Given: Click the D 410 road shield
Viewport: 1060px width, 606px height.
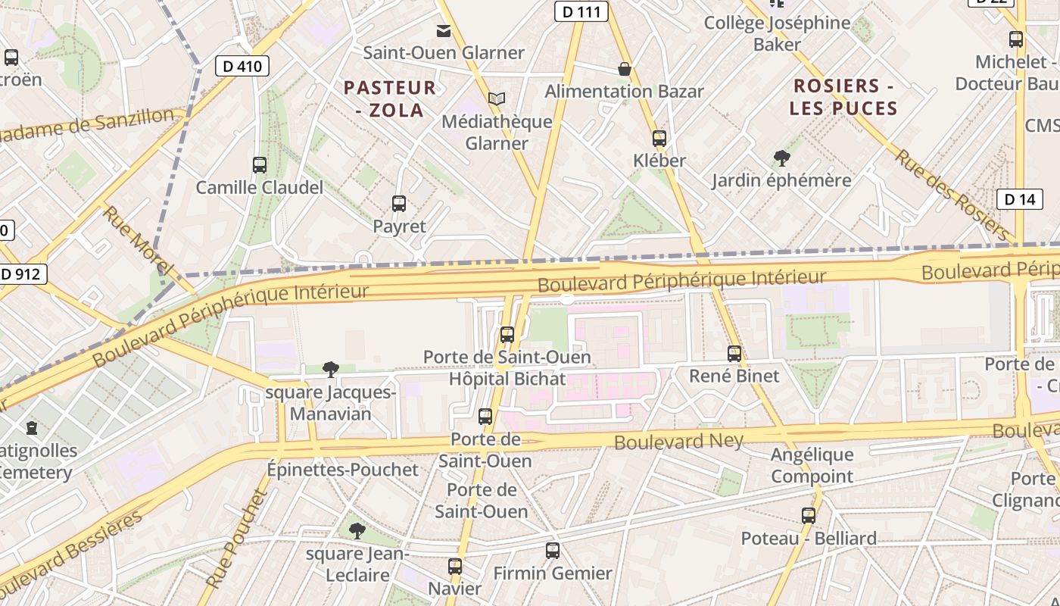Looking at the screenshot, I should click(x=242, y=66).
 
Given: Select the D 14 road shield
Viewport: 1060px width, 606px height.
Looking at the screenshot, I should click(x=1019, y=199).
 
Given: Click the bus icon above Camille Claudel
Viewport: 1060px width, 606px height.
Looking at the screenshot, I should click(x=260, y=164).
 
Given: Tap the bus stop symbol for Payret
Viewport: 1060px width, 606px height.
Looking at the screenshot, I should click(x=399, y=203).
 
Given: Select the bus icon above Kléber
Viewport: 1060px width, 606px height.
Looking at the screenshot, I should click(x=659, y=138).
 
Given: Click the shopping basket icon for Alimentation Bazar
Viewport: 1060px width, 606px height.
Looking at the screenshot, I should click(x=625, y=69).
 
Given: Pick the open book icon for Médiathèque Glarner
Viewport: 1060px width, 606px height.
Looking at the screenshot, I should click(x=496, y=98).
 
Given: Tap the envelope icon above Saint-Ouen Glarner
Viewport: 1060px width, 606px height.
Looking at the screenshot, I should click(x=443, y=30).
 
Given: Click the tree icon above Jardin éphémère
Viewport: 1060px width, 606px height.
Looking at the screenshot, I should click(x=781, y=158).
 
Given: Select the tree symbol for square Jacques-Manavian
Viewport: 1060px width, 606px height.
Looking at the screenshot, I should click(x=330, y=370).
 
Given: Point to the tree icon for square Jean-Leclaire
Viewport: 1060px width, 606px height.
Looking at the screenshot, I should click(x=357, y=531).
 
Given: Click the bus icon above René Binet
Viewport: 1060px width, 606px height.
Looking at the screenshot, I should click(x=734, y=353).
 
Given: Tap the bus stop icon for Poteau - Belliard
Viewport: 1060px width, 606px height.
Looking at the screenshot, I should click(x=809, y=516).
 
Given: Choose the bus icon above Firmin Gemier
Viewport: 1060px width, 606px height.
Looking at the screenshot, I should click(x=553, y=551).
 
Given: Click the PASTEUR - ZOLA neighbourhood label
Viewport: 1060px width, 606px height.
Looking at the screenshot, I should click(x=390, y=98).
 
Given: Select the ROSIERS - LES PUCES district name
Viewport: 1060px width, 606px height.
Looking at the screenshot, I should click(x=843, y=96).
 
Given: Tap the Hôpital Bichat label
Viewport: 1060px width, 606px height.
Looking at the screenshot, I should click(x=507, y=379).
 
